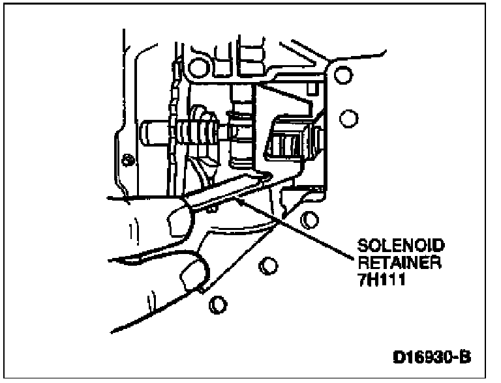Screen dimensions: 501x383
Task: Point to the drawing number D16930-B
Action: point(431,358)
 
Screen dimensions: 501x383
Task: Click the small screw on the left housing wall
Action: point(129,159)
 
